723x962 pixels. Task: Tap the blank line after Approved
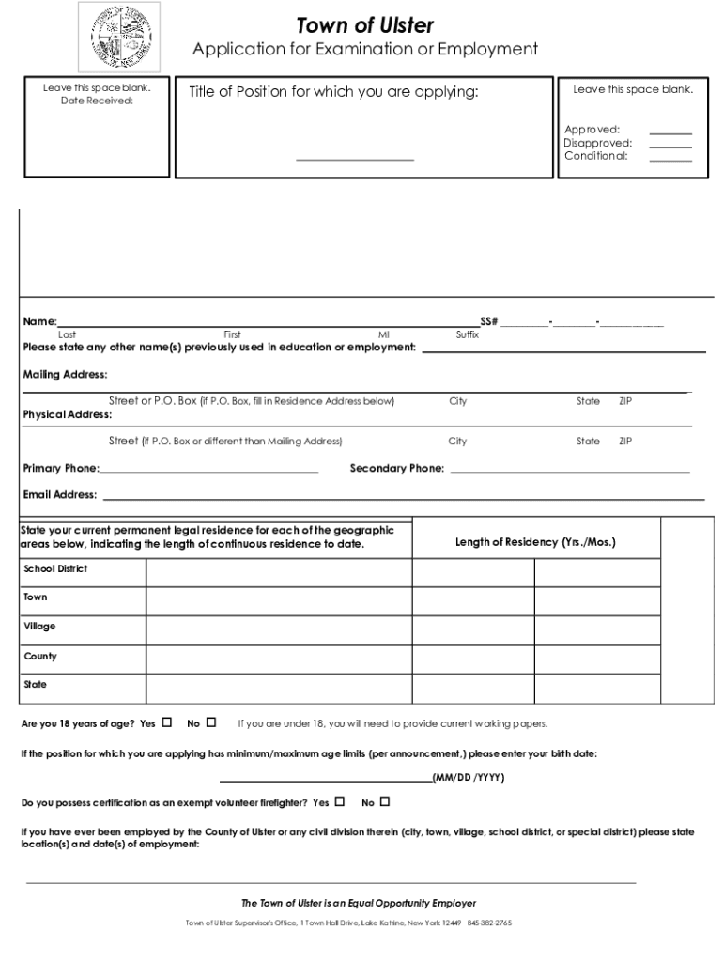click(x=670, y=133)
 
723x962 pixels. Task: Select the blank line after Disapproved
click(x=670, y=147)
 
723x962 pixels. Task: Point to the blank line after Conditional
click(x=670, y=160)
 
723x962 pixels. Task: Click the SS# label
click(x=488, y=322)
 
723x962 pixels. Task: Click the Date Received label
click(x=97, y=101)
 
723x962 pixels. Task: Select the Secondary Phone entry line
click(x=570, y=472)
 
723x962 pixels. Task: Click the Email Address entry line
click(x=403, y=498)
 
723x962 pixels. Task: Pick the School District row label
click(x=55, y=569)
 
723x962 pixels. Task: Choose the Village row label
click(x=39, y=627)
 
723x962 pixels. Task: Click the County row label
click(x=40, y=656)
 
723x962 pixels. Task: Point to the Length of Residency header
click(x=535, y=542)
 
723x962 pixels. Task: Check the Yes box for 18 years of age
click(x=167, y=722)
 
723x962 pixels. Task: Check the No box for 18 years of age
click(x=211, y=722)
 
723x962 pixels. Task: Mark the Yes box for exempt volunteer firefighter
click(x=339, y=802)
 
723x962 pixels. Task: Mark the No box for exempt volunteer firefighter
click(x=384, y=802)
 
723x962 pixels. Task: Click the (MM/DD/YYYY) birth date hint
click(x=469, y=778)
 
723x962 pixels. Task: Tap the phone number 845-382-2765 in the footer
click(x=489, y=923)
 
